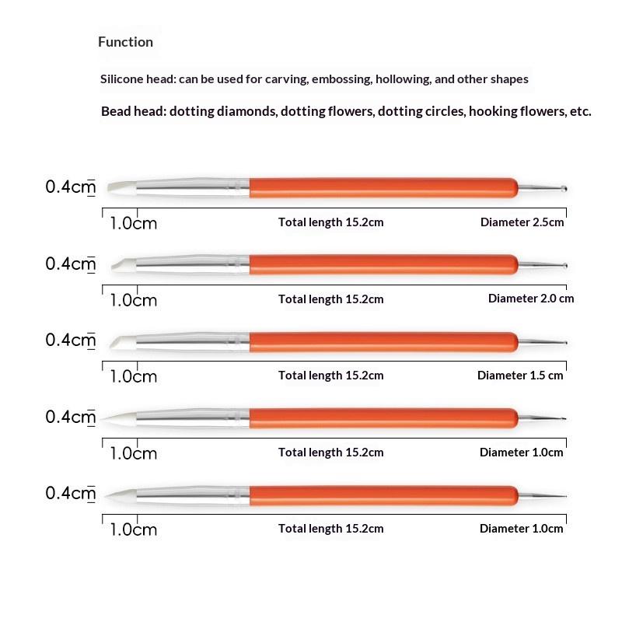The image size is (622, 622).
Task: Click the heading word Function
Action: pos(125,42)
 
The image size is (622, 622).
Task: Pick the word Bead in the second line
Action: pos(116,111)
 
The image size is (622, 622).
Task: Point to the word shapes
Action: pos(510,79)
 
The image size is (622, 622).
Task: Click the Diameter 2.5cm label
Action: pos(522,222)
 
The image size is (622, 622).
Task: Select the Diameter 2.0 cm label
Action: pos(531,299)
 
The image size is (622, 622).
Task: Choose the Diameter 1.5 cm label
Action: pos(520,376)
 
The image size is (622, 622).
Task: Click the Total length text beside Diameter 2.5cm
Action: pos(330,222)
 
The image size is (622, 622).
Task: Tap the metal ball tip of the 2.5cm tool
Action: pos(565,188)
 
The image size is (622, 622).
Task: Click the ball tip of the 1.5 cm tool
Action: pos(565,342)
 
